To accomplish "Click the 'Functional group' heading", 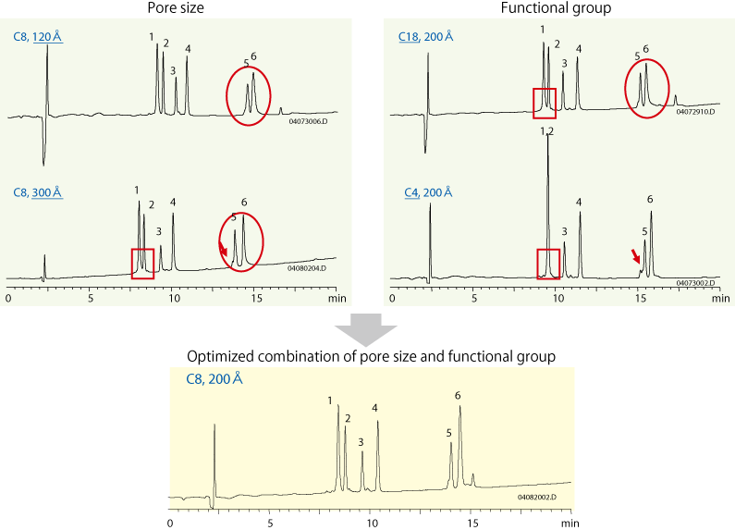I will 553,8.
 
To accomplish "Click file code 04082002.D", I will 536,498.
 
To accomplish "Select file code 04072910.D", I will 695,112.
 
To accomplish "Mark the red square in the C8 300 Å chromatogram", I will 142,263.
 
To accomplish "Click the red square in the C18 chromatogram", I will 545,104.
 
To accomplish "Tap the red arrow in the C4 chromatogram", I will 635,255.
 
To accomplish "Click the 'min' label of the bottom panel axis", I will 564,524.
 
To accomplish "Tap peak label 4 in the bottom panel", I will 374,408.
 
